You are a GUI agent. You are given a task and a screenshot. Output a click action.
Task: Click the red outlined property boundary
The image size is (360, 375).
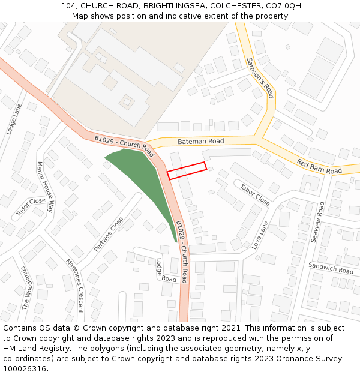tap(187, 171)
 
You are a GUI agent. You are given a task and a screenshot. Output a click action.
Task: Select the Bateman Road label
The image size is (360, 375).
tap(200, 141)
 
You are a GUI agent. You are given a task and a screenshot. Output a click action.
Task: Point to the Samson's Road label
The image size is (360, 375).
tap(260, 77)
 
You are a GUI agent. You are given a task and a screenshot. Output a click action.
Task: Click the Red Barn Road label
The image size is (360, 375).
tap(319, 166)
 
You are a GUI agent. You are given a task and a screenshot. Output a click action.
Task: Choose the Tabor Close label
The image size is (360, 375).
tap(255, 194)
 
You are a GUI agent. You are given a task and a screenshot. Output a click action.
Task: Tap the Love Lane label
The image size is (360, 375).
tap(260, 235)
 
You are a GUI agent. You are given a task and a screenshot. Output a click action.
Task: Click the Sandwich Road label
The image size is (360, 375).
tap(331, 268)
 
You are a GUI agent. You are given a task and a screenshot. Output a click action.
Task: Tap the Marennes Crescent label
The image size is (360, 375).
tap(75, 286)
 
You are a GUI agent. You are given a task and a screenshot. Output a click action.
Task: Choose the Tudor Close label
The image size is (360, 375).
tap(31, 207)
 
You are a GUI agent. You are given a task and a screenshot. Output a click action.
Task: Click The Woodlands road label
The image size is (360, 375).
tap(26, 288)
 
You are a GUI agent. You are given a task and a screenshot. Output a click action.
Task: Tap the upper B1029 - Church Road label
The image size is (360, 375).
tap(125, 143)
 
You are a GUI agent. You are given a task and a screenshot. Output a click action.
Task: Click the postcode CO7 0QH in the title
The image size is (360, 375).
tap(281, 6)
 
